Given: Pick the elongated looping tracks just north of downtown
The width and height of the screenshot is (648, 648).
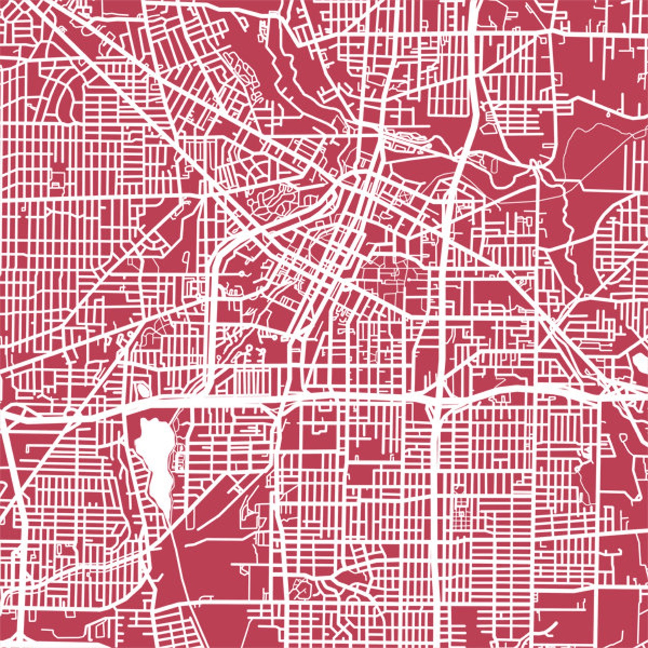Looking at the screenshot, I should pos(408,139).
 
